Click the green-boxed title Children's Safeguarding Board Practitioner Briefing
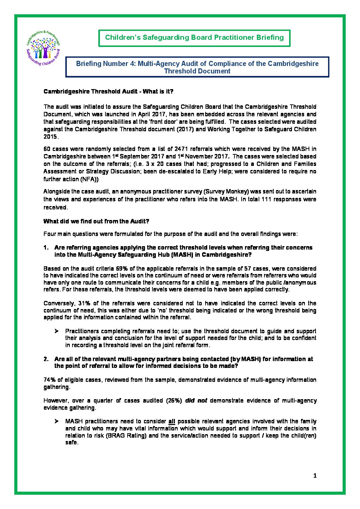194,37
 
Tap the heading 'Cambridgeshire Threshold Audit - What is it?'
108,91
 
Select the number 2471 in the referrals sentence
181,149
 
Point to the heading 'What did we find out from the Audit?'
96,221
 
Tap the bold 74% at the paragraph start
49,380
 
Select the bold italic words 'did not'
196,401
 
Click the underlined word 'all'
171,422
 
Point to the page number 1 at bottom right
315,476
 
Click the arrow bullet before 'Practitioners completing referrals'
56,331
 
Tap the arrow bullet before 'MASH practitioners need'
56,421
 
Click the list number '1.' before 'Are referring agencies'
46,248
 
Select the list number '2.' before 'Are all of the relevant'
46,359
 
